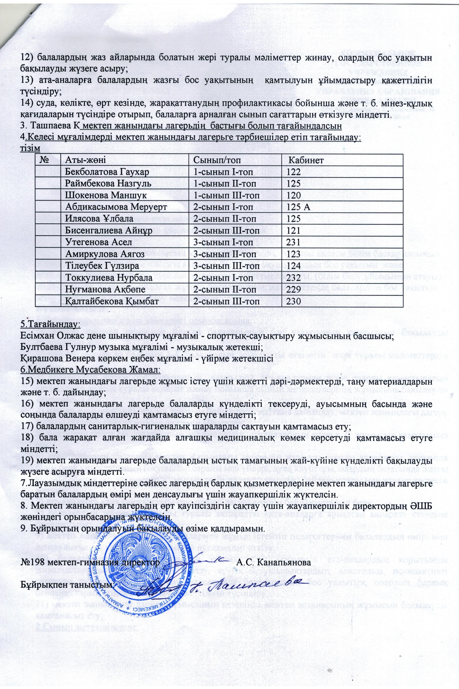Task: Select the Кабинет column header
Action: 306,160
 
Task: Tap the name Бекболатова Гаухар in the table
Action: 107,172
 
